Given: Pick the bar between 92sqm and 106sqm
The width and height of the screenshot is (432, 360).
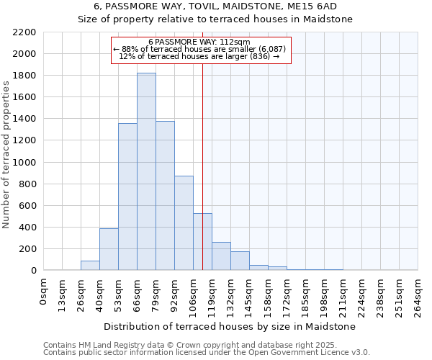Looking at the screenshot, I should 184,222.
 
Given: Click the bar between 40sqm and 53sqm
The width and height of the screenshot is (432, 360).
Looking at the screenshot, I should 109,249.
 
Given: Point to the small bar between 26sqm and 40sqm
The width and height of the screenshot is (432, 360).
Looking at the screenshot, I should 90,266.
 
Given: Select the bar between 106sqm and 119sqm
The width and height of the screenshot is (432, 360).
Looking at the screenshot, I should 202,242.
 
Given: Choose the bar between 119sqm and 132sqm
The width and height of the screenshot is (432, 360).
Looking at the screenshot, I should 221,256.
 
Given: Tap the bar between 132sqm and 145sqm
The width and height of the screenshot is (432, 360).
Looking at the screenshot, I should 240,261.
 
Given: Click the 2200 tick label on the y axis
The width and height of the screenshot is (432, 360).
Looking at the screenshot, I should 24,32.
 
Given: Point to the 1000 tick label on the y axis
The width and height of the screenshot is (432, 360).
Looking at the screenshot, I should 24,163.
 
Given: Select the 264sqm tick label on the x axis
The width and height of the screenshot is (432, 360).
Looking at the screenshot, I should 418,296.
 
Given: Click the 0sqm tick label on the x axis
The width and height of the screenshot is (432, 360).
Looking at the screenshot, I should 44,292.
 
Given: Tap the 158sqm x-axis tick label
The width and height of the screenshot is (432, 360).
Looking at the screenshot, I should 269,296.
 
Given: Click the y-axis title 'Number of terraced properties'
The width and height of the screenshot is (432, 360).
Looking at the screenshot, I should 7,155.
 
